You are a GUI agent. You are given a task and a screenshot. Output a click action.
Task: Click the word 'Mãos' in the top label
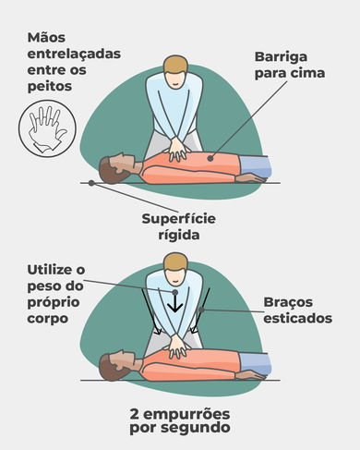coord(48,38)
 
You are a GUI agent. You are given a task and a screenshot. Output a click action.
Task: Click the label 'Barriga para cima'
coord(289,65)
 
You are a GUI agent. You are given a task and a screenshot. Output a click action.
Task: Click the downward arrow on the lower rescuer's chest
coord(172,303)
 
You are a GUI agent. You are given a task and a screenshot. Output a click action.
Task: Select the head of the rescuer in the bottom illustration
coord(171,255)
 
